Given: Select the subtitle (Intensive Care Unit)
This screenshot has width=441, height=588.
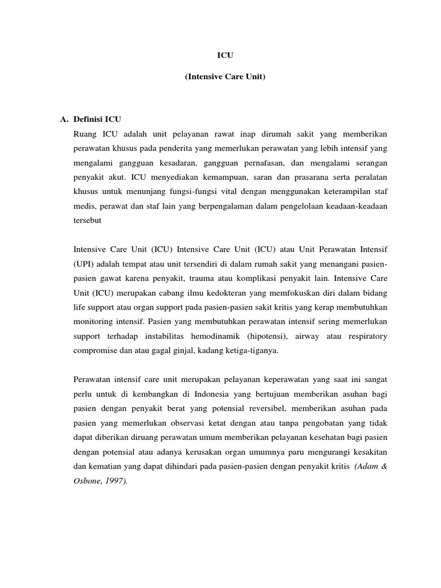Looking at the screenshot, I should click(225, 76).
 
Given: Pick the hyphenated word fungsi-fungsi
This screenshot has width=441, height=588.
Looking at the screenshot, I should click(181, 194).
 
